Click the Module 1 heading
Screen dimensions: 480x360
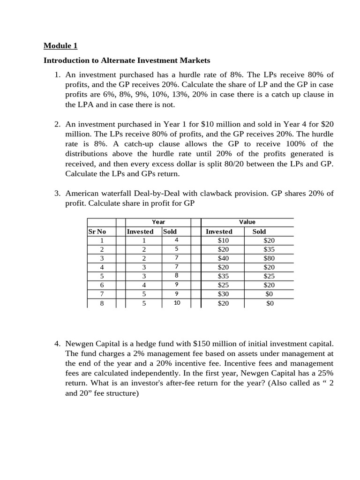click(x=60, y=45)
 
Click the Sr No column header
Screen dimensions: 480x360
click(x=97, y=231)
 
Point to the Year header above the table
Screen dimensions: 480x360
click(x=158, y=222)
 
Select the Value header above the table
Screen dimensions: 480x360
click(x=247, y=222)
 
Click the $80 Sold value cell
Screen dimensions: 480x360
click(x=269, y=258)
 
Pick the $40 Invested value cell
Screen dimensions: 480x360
click(x=223, y=258)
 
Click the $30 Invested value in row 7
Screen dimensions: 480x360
click(x=223, y=294)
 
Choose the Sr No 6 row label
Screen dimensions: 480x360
click(x=102, y=285)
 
